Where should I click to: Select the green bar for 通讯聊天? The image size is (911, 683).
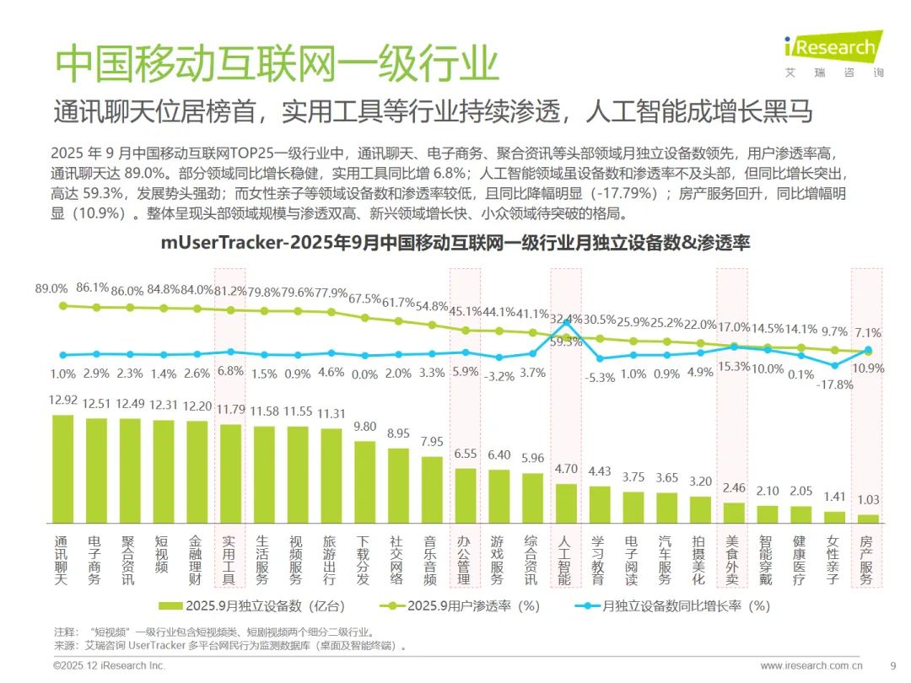[63, 470]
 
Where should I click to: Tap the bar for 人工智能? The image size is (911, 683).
[567, 503]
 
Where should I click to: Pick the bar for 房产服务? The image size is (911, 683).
[868, 519]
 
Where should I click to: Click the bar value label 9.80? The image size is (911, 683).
[365, 427]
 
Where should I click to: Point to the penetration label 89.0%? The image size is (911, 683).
[51, 288]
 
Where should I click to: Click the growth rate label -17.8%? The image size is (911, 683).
[835, 385]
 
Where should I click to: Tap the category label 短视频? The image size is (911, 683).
[161, 555]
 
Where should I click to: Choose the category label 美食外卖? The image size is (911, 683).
[732, 561]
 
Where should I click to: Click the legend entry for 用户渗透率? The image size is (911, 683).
[460, 605]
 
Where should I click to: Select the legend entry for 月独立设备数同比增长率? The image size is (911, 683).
[672, 605]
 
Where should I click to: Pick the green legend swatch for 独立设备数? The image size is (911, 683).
[170, 605]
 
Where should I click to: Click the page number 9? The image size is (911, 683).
[893, 665]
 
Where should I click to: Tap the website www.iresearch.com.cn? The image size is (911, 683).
[811, 665]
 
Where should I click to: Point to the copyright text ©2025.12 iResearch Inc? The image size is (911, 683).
[109, 665]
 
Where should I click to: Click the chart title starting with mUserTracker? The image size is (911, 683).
[455, 242]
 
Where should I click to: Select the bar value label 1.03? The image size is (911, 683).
[868, 499]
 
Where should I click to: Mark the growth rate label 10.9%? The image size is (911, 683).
[868, 368]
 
